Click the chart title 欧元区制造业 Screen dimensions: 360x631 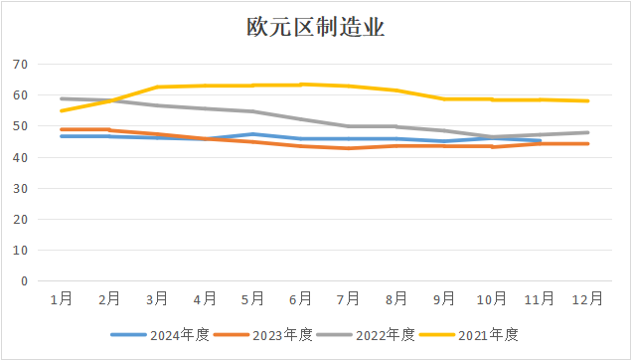(x=315, y=28)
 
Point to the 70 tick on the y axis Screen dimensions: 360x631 (x=20, y=65)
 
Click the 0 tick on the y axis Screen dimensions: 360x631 (x=24, y=281)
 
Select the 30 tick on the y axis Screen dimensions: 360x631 (x=20, y=189)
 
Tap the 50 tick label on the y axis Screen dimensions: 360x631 (x=20, y=126)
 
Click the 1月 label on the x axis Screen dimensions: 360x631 (x=61, y=297)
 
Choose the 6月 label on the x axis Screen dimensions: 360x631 (x=300, y=297)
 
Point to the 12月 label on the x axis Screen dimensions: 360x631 (x=587, y=297)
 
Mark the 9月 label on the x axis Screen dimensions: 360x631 (x=444, y=297)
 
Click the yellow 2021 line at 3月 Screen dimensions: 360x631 (x=156, y=88)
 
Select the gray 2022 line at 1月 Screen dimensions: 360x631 (x=61, y=98)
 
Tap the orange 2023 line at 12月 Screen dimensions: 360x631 (x=587, y=143)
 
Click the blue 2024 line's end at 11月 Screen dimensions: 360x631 (x=540, y=141)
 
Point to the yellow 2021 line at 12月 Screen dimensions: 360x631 (x=587, y=100)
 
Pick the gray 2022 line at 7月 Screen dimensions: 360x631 (x=348, y=126)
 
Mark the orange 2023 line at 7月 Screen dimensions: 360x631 (x=348, y=148)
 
